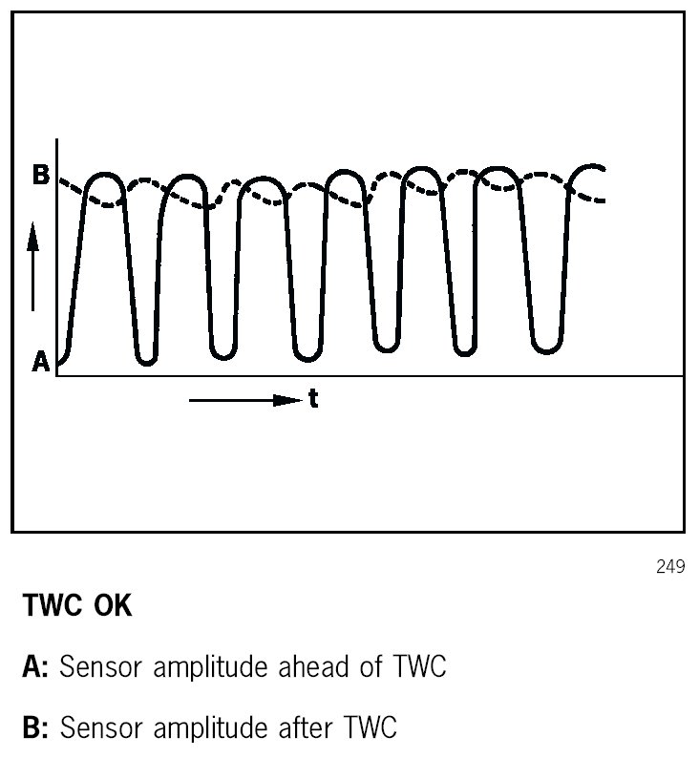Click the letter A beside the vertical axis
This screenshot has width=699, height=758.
[x=41, y=363]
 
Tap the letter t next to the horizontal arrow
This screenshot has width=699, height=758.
[x=313, y=400]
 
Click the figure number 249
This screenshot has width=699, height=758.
[x=671, y=567]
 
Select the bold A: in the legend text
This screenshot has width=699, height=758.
[x=35, y=668]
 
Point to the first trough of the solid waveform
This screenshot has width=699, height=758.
[x=146, y=360]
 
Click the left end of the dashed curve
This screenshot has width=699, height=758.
[x=61, y=179]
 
